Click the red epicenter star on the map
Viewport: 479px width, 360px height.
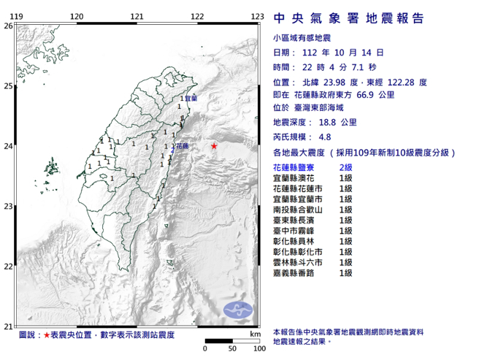coord(214,147)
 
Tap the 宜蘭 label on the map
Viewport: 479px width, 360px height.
coord(191,98)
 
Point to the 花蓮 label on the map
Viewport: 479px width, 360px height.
coord(181,147)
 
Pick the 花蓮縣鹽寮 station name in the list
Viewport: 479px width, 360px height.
coord(294,169)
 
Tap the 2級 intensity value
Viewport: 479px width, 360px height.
coord(346,169)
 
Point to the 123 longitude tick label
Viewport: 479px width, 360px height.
coord(257,16)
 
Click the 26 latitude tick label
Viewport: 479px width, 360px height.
coord(7,26)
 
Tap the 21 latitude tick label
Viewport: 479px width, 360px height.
coord(7,326)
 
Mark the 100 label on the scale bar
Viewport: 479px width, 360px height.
coord(258,349)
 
